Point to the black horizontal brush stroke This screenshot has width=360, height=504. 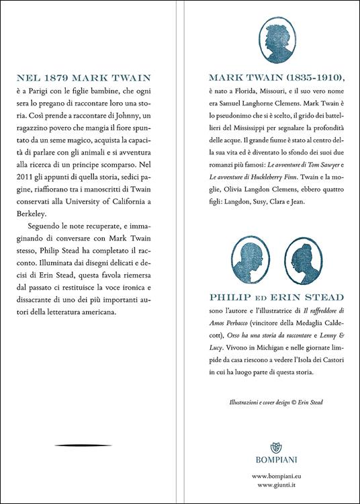[83, 446]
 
